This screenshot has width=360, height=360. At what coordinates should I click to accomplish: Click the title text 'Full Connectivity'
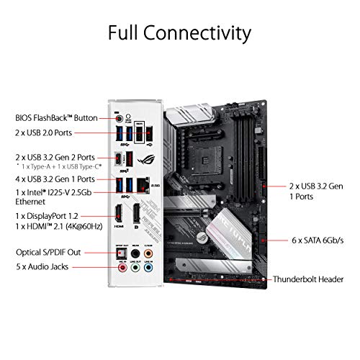(x=179, y=33)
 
